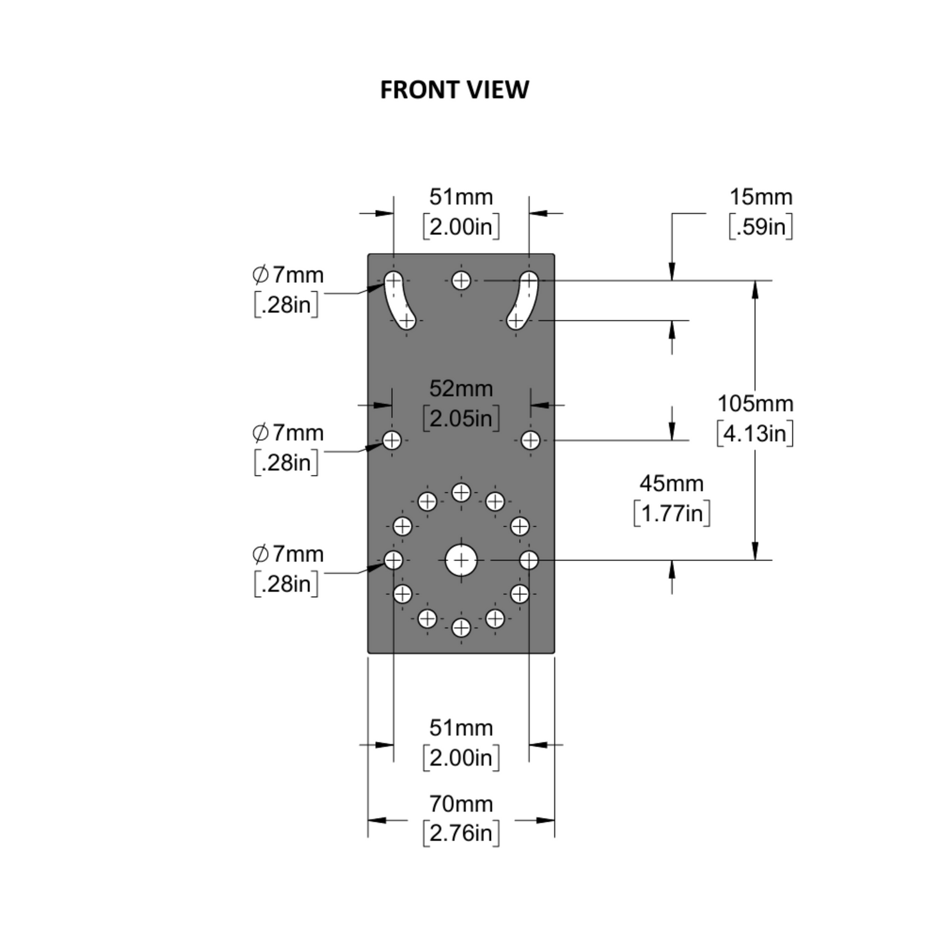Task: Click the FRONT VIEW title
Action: [x=454, y=90]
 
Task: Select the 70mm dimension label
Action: [x=461, y=803]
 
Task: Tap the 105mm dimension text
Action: [x=755, y=404]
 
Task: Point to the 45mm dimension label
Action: [x=672, y=483]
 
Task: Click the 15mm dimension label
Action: [x=761, y=197]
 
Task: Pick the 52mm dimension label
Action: [x=461, y=389]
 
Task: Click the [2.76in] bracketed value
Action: [x=461, y=833]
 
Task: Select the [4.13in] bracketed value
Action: [x=755, y=433]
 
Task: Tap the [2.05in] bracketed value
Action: [x=461, y=418]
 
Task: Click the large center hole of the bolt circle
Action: [x=461, y=561]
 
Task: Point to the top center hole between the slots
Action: [x=461, y=280]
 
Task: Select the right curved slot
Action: [x=524, y=300]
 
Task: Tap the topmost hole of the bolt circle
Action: [x=461, y=492]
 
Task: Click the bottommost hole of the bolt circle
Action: [x=461, y=628]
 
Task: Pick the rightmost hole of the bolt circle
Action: [x=529, y=560]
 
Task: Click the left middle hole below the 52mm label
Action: [x=392, y=440]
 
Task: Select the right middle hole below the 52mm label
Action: [x=530, y=440]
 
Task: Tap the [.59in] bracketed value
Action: [x=761, y=227]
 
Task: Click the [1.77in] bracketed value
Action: [x=672, y=513]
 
